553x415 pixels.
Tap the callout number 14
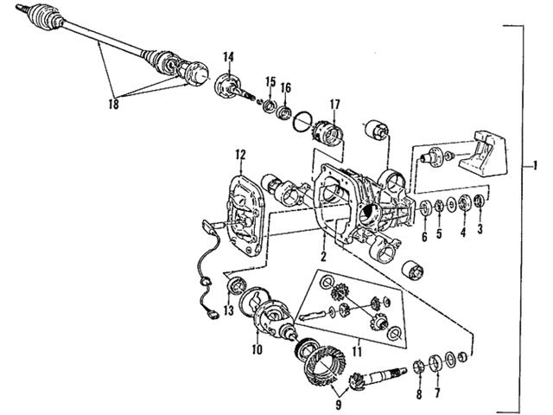point(228,58)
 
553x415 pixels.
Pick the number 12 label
point(240,156)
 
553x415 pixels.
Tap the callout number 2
point(321,257)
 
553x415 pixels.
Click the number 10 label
point(257,350)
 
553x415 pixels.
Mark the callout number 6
point(424,235)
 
